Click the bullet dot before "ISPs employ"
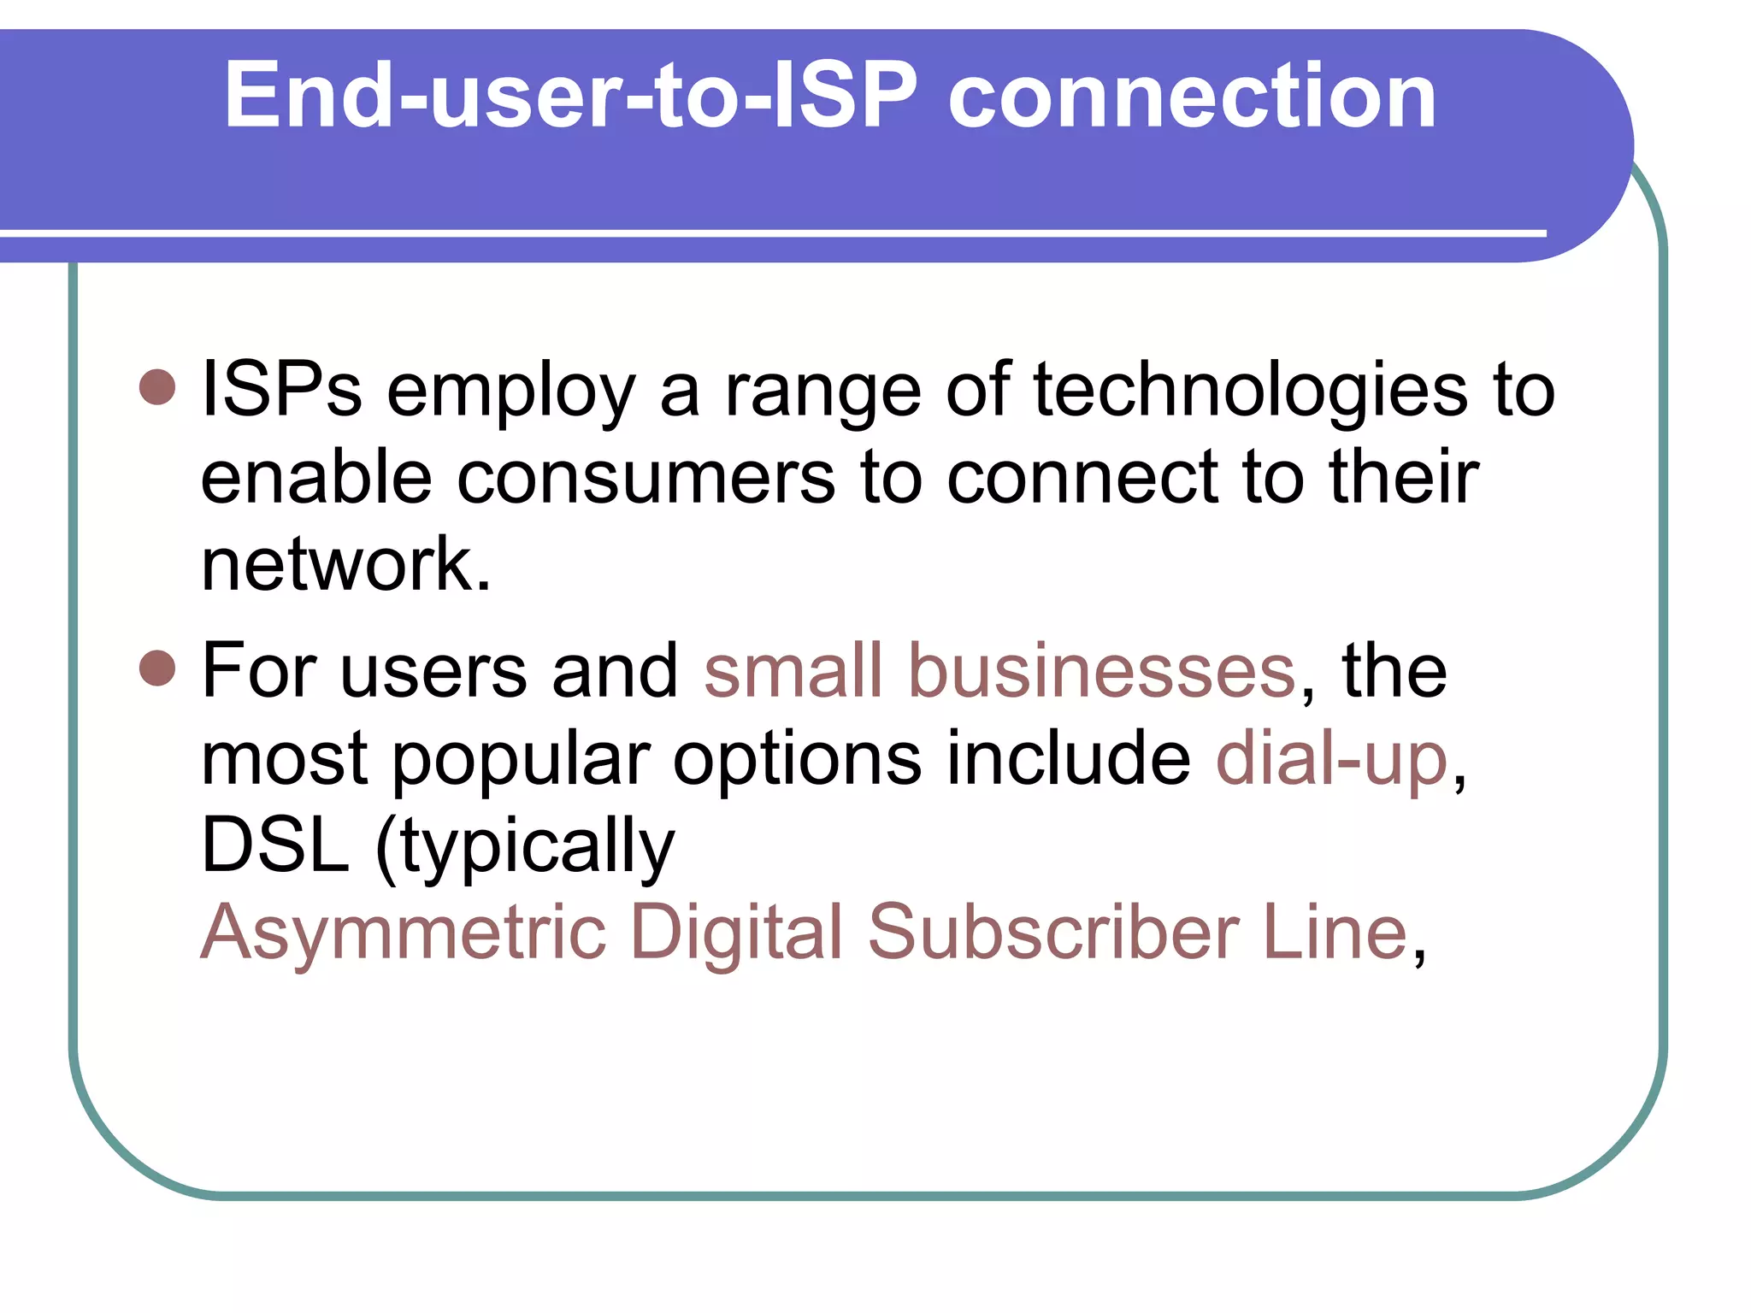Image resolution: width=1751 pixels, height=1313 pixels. tap(157, 387)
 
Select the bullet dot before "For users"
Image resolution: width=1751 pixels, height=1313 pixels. tap(157, 668)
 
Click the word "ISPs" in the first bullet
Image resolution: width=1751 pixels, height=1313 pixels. tap(281, 390)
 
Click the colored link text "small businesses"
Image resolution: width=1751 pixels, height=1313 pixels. tap(999, 671)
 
